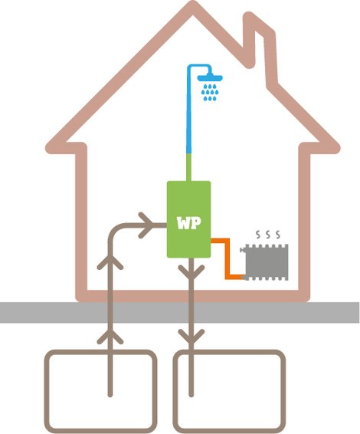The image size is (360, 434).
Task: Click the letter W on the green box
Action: (184, 223)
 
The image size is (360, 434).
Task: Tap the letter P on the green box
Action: (195, 223)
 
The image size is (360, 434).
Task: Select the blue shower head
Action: (210, 77)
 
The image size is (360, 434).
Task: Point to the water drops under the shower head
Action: (210, 93)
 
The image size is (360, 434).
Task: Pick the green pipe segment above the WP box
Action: (189, 167)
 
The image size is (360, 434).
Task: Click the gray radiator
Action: (266, 262)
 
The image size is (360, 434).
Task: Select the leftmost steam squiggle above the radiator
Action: (258, 235)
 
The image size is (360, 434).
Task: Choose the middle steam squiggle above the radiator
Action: (268, 235)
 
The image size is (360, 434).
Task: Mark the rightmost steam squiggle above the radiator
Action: (278, 235)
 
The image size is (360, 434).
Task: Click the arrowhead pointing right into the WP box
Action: (146, 225)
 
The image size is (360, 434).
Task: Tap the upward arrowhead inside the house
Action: (110, 262)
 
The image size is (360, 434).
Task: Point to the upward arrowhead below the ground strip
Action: (110, 337)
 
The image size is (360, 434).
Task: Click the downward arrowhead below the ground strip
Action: (191, 337)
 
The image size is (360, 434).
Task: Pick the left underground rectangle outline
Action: (46, 390)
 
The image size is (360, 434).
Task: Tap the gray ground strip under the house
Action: (180, 313)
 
